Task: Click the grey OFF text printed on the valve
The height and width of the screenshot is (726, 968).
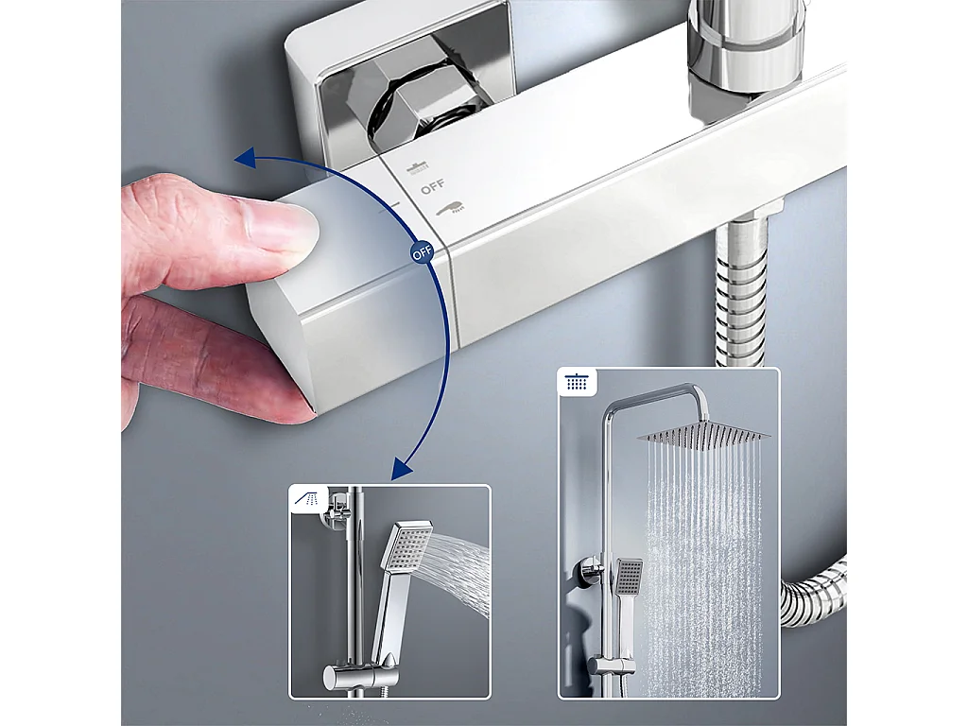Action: pyautogui.click(x=432, y=187)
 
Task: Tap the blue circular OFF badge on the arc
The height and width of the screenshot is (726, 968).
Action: pyautogui.click(x=421, y=253)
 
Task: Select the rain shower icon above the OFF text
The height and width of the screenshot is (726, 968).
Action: pyautogui.click(x=418, y=167)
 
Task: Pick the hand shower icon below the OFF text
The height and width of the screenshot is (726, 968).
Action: pyautogui.click(x=453, y=206)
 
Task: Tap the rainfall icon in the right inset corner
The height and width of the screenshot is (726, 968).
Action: pyautogui.click(x=575, y=383)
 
